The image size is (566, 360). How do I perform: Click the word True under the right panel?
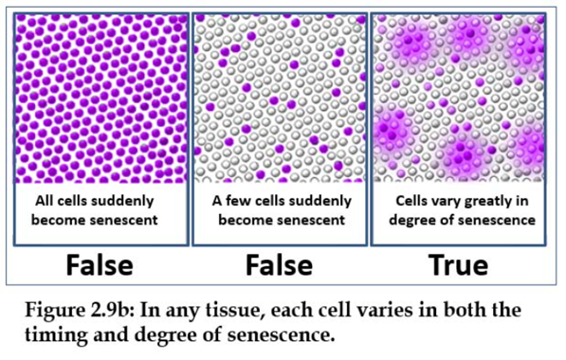(458, 265)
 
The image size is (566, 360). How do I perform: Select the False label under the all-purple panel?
(100, 265)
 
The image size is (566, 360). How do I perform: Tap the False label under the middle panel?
(280, 265)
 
